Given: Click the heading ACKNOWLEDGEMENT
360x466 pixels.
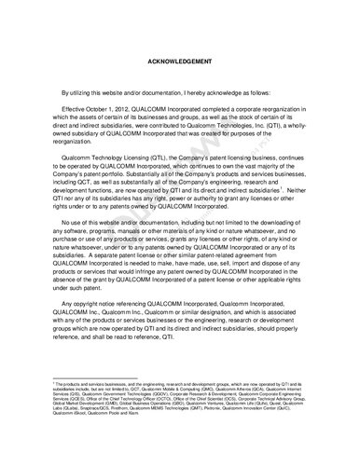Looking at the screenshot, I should (x=180, y=63).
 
